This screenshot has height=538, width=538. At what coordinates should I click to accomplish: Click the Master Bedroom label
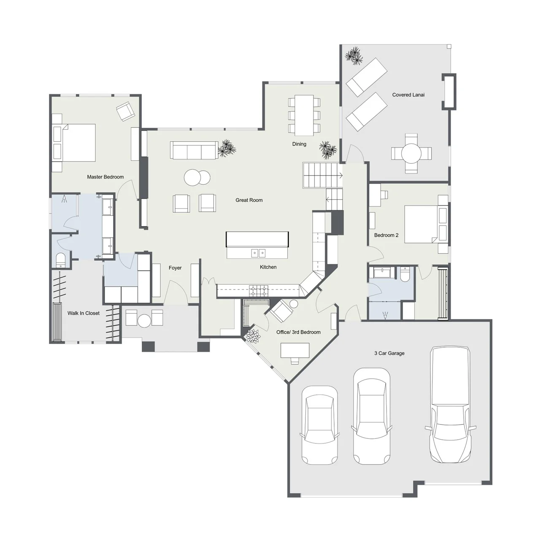pos(105,177)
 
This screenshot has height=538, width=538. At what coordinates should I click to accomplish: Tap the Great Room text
pos(249,200)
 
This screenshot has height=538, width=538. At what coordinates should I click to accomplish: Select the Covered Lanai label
pos(408,95)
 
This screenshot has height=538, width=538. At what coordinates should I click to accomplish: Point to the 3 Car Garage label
pos(389,353)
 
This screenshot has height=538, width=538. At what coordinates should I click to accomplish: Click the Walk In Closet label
pos(84,313)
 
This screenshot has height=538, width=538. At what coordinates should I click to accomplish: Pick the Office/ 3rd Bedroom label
pos(298,332)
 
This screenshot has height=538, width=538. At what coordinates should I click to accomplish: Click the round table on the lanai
pos(411,153)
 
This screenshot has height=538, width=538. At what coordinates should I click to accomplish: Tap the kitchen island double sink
pos(258,253)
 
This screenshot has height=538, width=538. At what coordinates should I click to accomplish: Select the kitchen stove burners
pos(259,291)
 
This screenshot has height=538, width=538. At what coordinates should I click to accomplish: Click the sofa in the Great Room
pos(195,150)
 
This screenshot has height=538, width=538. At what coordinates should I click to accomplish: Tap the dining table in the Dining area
pos(304,115)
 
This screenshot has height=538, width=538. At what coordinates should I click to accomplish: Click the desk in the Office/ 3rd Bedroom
pos(295,350)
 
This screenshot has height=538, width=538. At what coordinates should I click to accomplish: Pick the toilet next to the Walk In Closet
pos(60,260)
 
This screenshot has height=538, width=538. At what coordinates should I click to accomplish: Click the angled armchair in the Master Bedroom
pos(125,111)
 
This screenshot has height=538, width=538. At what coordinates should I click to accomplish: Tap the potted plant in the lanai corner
pos(354,55)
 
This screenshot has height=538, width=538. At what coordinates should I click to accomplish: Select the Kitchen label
pos(268,267)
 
